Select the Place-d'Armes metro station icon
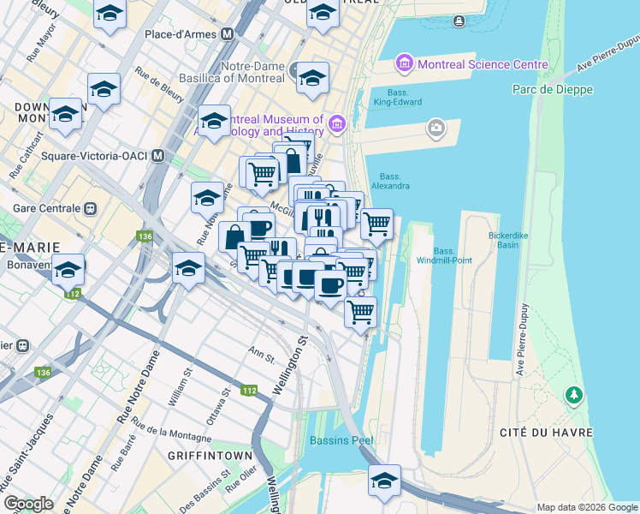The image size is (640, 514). [227, 34]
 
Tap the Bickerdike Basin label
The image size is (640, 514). [498, 238]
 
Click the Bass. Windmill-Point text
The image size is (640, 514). [443, 255]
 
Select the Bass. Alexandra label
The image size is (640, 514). [390, 181]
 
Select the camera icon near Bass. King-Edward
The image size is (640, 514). [436, 128]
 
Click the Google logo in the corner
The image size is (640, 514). [28, 503]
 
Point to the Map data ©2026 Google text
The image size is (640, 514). [586, 507]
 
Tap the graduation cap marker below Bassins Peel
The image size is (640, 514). [385, 481]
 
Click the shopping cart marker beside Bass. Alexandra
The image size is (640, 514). [376, 224]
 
